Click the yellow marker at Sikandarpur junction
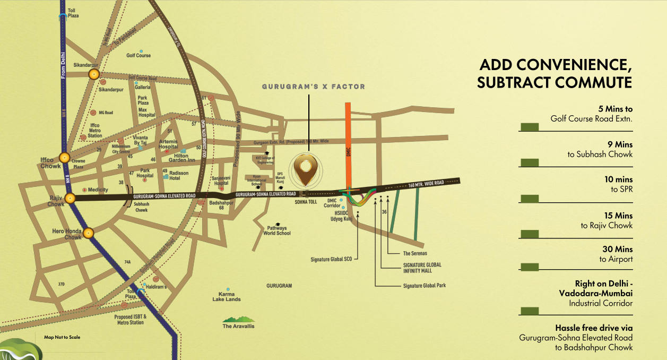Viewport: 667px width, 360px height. tap(94, 74)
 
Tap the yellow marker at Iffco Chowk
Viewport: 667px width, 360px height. tap(64, 157)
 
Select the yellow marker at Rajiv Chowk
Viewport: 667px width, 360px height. tap(71, 198)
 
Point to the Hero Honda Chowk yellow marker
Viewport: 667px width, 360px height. tap(88, 232)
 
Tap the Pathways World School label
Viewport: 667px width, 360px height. tap(276, 230)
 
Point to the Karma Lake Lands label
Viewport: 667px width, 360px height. tap(227, 296)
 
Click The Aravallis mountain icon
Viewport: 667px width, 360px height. tap(238, 320)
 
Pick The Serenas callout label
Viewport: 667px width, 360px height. tap(415, 253)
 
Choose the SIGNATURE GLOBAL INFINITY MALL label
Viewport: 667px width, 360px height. tap(422, 268)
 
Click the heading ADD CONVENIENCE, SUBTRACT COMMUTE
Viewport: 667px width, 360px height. tap(555, 74)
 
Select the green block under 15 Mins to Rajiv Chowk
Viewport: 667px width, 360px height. tap(529, 234)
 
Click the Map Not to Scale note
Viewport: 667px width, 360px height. tap(62, 337)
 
